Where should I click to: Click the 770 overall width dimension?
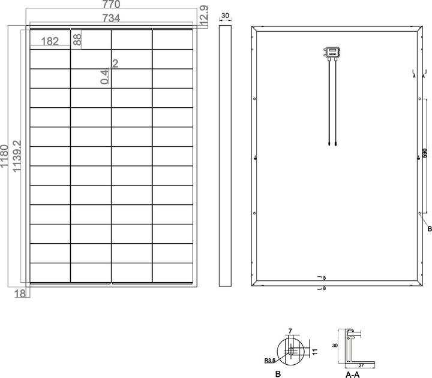point(111,5)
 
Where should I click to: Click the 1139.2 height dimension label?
point(17,156)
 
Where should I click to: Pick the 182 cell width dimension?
point(51,41)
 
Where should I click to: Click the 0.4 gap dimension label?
point(105,76)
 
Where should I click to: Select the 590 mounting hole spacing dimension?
point(425,155)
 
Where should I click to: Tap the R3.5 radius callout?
point(270,361)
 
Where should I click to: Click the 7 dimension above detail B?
point(290,331)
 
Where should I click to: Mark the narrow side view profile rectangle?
point(225,155)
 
